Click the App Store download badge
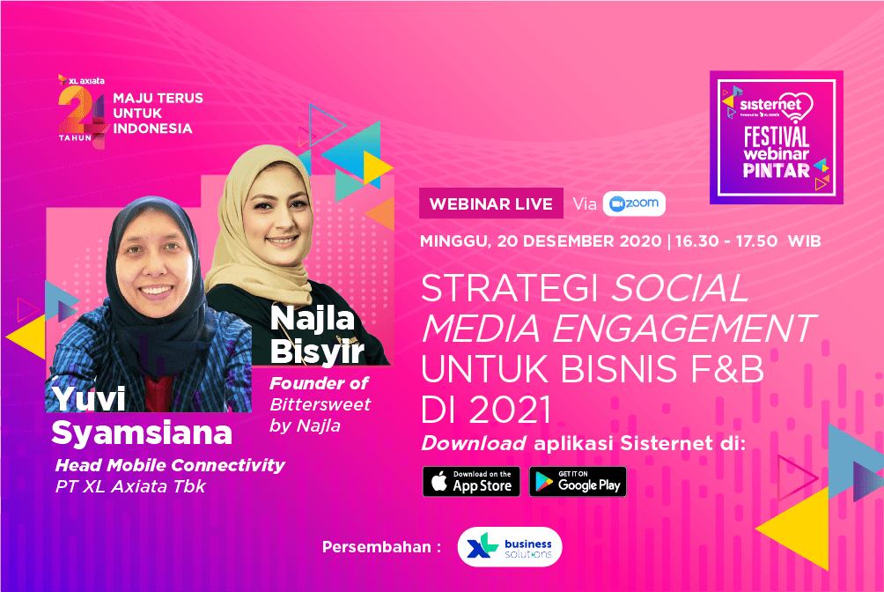click(x=471, y=481)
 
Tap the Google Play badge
click(x=578, y=481)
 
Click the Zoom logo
click(x=634, y=203)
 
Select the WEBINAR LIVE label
click(x=491, y=203)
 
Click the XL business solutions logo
click(x=510, y=547)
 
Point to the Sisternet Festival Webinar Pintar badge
click(x=777, y=137)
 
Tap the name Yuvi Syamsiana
click(x=142, y=416)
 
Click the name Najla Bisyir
click(x=317, y=335)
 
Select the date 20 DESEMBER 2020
click(x=579, y=241)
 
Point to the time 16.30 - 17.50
click(x=726, y=241)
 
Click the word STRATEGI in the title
click(x=510, y=288)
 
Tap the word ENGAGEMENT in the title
click(x=683, y=329)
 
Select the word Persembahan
click(x=377, y=547)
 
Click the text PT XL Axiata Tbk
click(x=131, y=486)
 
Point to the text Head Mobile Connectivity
click(x=170, y=466)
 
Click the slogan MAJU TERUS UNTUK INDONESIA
click(x=158, y=113)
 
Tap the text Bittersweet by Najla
click(x=320, y=415)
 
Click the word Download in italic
click(x=474, y=444)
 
